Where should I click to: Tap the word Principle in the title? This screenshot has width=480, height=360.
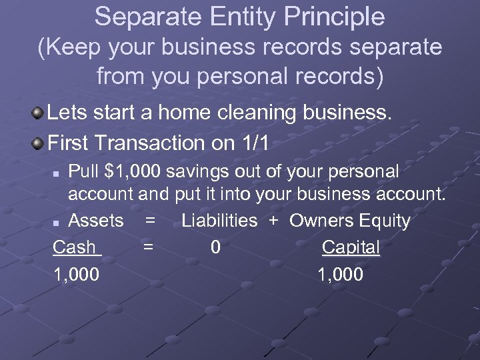pyautogui.click(x=333, y=17)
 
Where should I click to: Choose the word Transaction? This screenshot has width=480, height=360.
pyautogui.click(x=151, y=142)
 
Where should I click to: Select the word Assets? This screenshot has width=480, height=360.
pyautogui.click(x=96, y=220)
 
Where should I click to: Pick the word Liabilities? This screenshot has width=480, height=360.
pyautogui.click(x=219, y=220)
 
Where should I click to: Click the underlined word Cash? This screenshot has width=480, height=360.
pyautogui.click(x=75, y=247)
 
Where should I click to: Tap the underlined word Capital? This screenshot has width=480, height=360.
pyautogui.click(x=351, y=247)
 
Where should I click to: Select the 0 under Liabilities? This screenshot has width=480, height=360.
pyautogui.click(x=215, y=247)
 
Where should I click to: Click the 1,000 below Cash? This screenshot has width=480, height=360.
pyautogui.click(x=77, y=274)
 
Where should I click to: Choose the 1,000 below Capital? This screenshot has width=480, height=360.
pyautogui.click(x=341, y=274)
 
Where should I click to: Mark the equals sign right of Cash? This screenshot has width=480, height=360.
pyautogui.click(x=149, y=247)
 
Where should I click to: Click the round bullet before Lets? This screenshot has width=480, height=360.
pyautogui.click(x=39, y=113)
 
